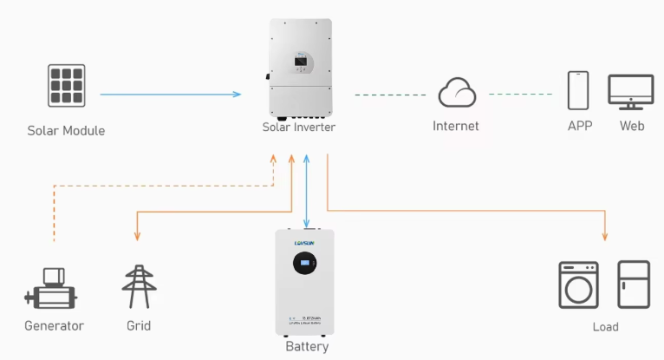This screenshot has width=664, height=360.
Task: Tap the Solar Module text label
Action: point(66,131)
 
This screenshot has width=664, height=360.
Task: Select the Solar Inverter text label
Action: point(299,127)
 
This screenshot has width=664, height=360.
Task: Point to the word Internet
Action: point(456,126)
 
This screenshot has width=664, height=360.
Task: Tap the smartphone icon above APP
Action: point(579,90)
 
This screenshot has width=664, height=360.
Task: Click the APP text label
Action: point(580,126)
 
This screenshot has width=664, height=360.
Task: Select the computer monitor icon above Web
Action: point(632,91)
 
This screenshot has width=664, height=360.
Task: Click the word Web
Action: point(632,126)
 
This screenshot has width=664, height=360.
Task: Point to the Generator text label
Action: point(54,326)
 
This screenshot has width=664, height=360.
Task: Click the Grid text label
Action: point(138,326)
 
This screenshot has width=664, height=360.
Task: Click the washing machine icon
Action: point(575,285)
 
